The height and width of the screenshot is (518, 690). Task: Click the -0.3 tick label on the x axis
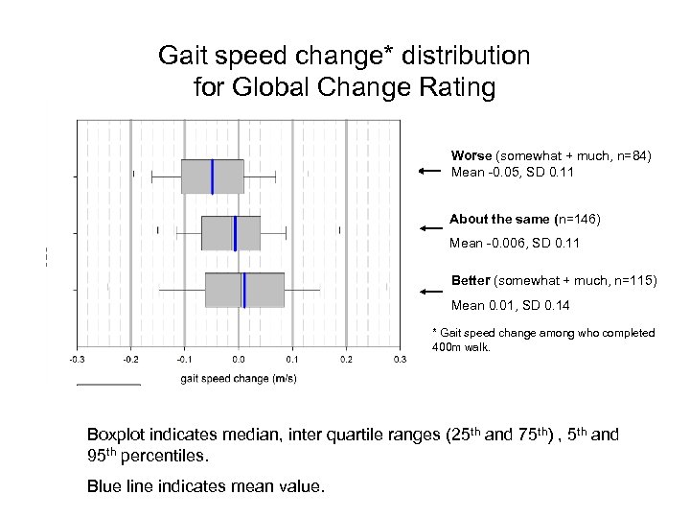pos(77,360)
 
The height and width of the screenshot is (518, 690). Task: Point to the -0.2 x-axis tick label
pos(130,360)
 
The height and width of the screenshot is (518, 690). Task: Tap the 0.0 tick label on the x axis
pos(239,360)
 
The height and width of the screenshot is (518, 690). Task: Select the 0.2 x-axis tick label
pos(346,360)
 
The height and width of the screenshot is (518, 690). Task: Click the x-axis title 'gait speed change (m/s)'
pos(239,378)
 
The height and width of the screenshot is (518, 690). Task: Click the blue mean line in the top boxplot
pos(213,177)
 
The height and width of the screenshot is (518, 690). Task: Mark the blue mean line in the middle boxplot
pos(235,233)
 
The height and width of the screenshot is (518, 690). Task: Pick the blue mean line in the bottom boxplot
pos(244,290)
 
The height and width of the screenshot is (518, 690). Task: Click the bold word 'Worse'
pos(471,155)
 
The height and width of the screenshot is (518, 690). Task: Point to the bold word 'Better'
pos(471,280)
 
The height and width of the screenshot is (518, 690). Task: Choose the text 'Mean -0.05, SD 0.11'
pos(513,173)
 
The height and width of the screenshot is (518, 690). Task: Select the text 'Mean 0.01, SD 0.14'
pos(510,305)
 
